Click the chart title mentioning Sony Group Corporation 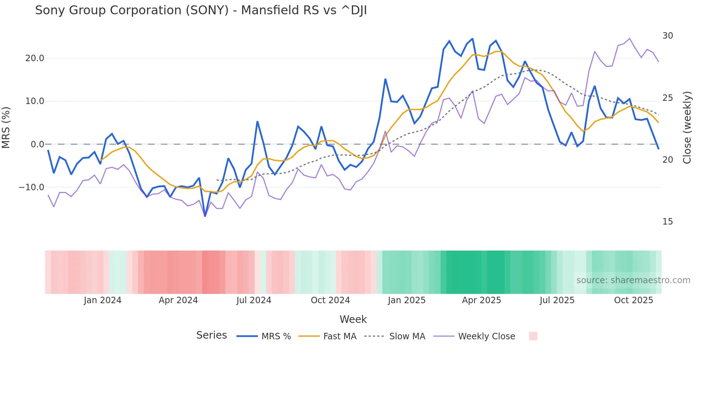[x=201, y=10]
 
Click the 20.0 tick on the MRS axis [x=34, y=58]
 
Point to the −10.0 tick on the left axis [x=31, y=187]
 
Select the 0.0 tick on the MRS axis [x=37, y=144]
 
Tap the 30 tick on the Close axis [x=667, y=36]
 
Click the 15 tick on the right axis [x=667, y=222]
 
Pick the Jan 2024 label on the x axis [x=102, y=300]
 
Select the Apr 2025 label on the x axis [x=481, y=300]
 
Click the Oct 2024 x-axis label [x=330, y=300]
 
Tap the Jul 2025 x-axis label [x=557, y=300]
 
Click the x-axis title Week [x=353, y=319]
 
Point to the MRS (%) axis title [x=6, y=128]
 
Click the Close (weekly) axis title [x=687, y=128]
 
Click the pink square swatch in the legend [x=533, y=336]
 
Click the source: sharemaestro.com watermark [x=633, y=280]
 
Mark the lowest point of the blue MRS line [x=205, y=216]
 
